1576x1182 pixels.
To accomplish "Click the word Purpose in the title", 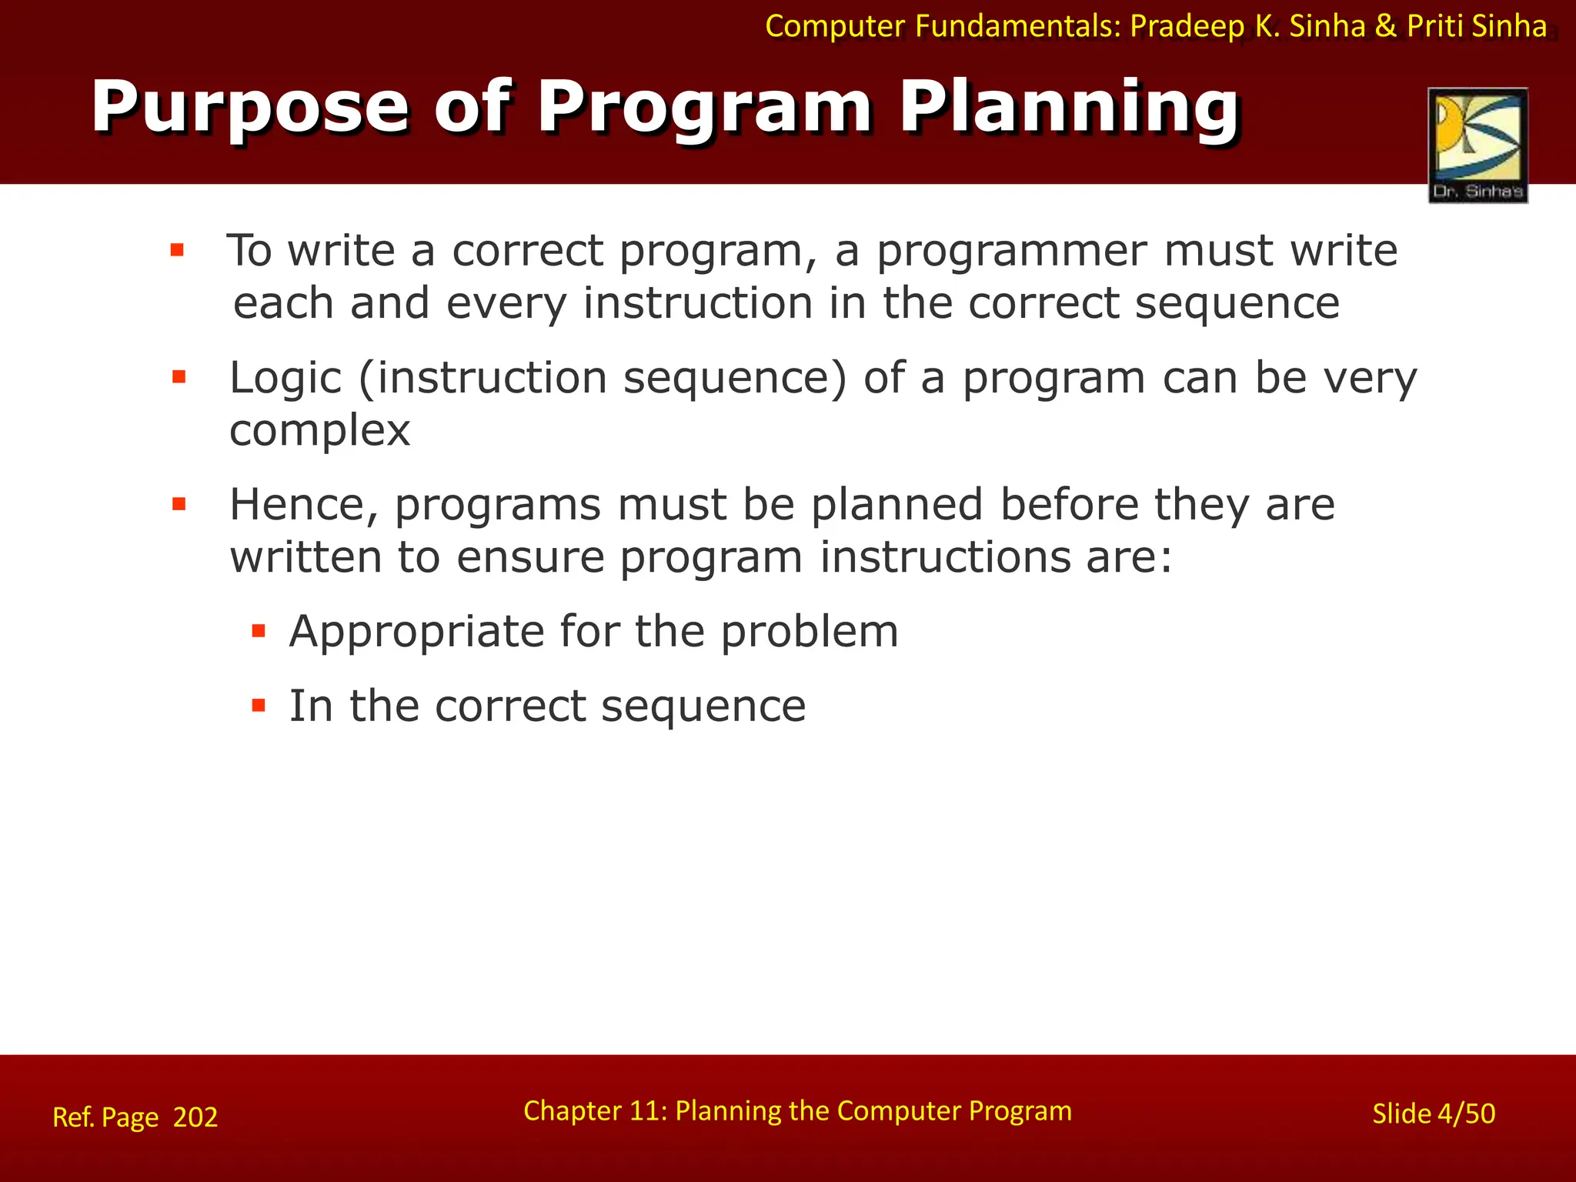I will (x=250, y=108).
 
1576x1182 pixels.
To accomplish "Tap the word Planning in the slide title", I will (x=1069, y=108).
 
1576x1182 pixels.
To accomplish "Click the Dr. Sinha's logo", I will (x=1477, y=145).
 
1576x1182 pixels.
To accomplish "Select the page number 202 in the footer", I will (x=195, y=1117).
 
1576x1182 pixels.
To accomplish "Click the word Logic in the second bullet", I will (x=285, y=379).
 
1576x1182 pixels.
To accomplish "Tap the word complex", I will (x=319, y=430).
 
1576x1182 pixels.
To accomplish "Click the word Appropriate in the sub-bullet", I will (x=416, y=632).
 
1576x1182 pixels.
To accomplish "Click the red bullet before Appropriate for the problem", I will (x=259, y=632).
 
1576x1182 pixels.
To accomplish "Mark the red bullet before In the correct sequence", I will (x=259, y=705).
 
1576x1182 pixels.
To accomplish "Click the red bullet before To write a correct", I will (x=177, y=250).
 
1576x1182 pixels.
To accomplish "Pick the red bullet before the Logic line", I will (x=179, y=377).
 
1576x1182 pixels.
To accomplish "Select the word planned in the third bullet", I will (x=897, y=506).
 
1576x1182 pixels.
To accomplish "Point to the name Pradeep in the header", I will (x=1187, y=27).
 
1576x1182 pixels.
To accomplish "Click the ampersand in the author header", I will (x=1385, y=27).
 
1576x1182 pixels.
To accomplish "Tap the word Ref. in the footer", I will (x=72, y=1117).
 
